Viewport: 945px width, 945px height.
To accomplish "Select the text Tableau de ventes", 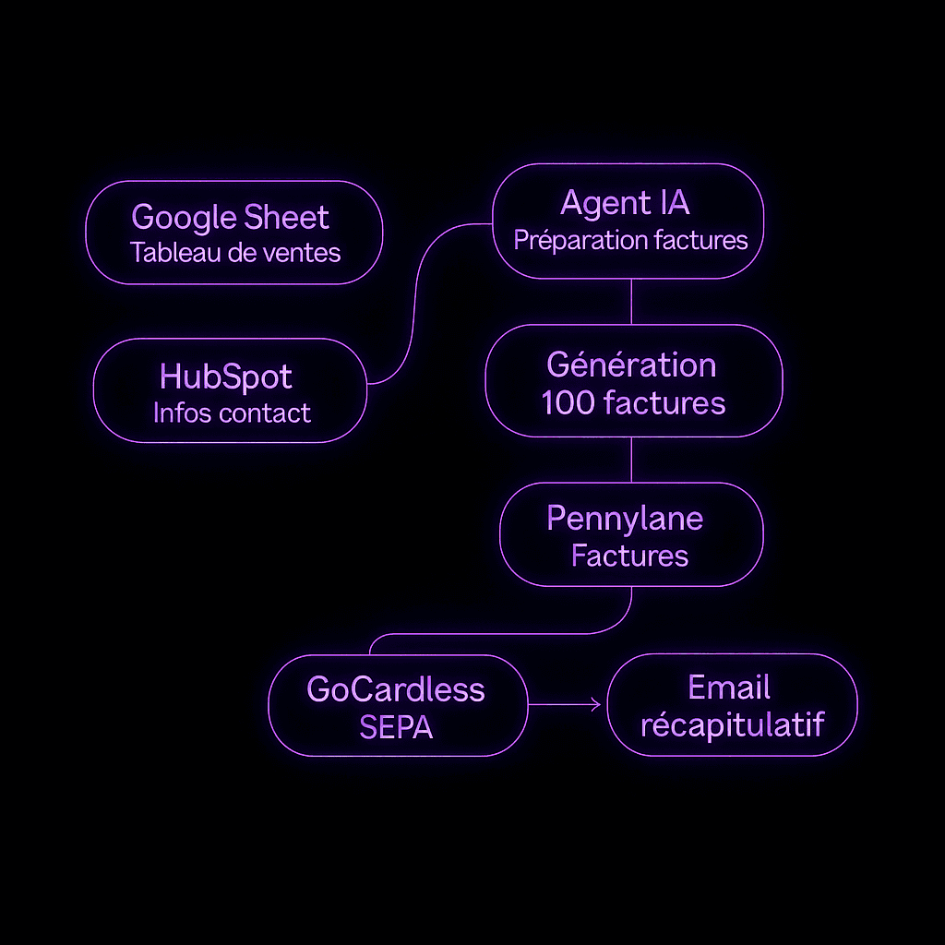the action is point(235,252).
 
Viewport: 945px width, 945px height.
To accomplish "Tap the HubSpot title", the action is point(226,377).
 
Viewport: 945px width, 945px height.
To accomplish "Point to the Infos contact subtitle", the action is point(232,413).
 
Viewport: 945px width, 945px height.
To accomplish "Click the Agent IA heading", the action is point(625,203).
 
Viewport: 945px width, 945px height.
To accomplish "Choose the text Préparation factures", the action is point(630,240).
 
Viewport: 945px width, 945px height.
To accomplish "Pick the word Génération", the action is point(631,365).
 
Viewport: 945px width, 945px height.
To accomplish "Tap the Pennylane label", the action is point(625,518).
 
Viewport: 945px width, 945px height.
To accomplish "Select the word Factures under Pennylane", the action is point(629,556).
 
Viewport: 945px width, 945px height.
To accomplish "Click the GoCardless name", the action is point(395,688).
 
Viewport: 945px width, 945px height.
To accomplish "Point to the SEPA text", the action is point(395,727).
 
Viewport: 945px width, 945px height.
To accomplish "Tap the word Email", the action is point(729,688).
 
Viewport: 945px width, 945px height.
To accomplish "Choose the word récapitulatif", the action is point(732,724).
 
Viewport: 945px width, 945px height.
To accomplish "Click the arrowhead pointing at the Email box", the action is point(596,706).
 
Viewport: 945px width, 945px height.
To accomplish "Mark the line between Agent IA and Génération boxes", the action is point(631,301).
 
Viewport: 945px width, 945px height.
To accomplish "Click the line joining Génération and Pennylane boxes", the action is point(631,460).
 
